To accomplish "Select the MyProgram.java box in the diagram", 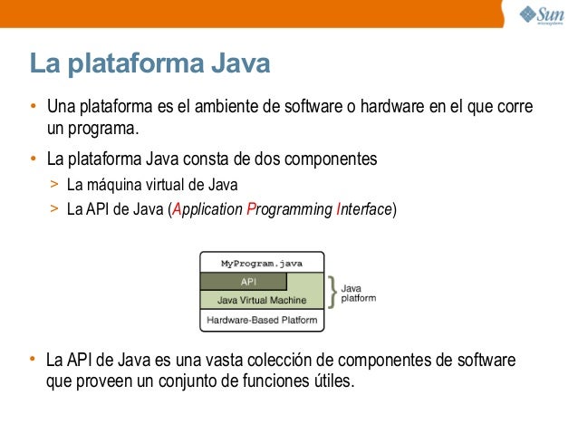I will pyautogui.click(x=262, y=264).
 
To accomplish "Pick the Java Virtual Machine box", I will pyautogui.click(x=262, y=299).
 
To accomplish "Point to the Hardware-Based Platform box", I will pyautogui.click(x=262, y=320).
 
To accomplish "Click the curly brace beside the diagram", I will pyautogui.click(x=332, y=292).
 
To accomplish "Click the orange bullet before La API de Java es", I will pyautogui.click(x=33, y=358).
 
